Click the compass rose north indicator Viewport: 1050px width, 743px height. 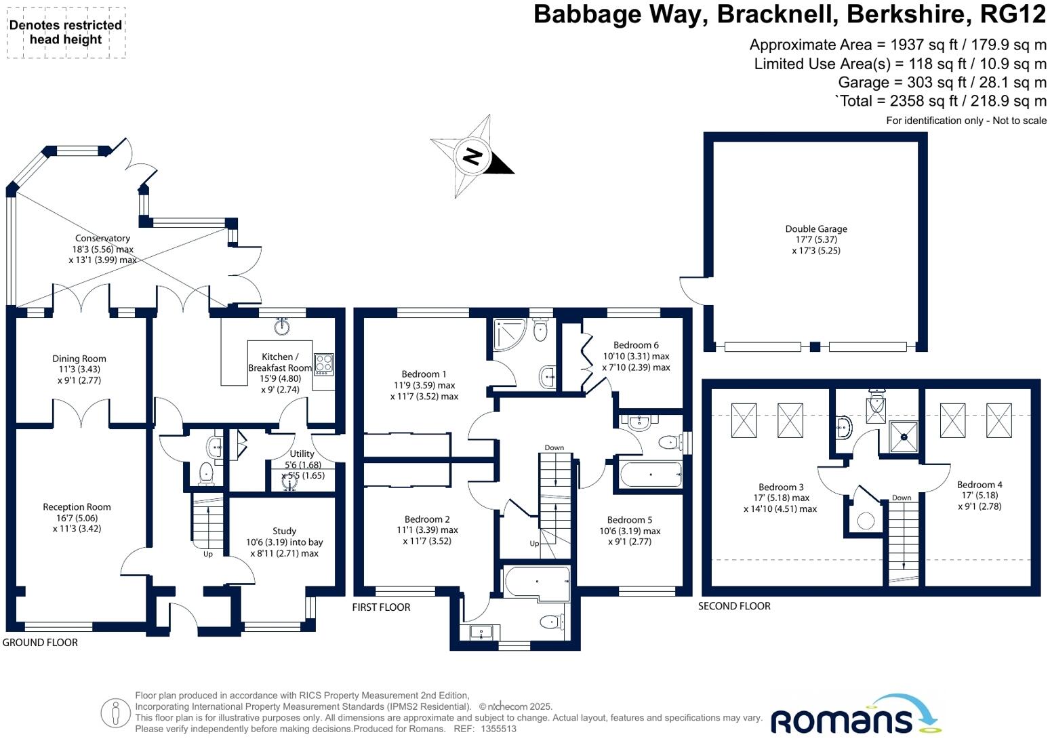[x=472, y=156]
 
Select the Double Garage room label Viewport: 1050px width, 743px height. [x=816, y=229]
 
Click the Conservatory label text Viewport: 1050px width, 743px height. [x=102, y=239]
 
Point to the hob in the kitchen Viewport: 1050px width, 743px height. [x=323, y=364]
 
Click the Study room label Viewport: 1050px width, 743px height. [x=284, y=531]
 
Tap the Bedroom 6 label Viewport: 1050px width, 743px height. [x=636, y=345]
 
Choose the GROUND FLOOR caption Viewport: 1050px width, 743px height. [x=40, y=643]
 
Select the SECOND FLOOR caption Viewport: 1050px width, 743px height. [x=734, y=606]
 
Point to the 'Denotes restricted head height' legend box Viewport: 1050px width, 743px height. [x=66, y=33]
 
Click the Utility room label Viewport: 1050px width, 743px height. [x=302, y=454]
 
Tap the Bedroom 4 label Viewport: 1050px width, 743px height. [x=980, y=485]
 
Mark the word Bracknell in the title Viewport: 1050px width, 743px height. [x=775, y=14]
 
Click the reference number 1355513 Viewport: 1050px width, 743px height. [x=498, y=729]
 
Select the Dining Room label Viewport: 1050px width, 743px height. [x=79, y=359]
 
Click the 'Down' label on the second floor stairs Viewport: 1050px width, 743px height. [x=902, y=498]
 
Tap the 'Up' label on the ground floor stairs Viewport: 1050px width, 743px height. [x=208, y=554]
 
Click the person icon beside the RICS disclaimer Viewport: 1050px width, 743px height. [x=115, y=712]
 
